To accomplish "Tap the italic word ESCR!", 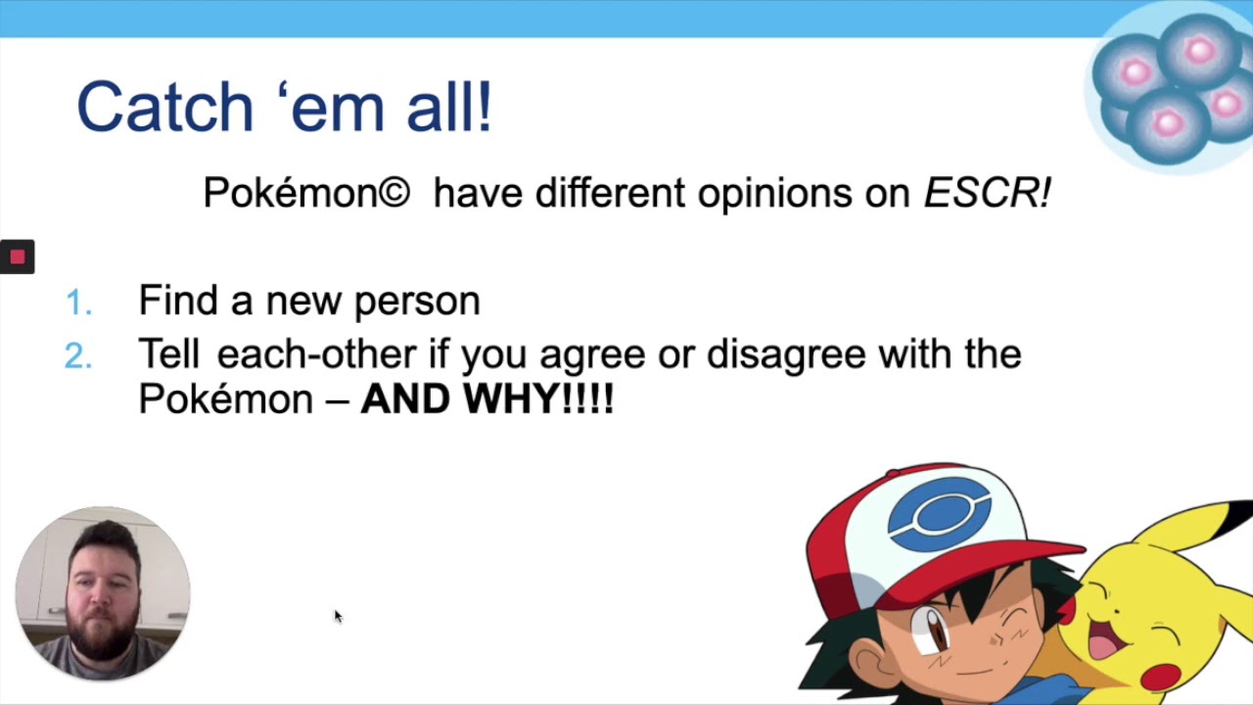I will tap(987, 194).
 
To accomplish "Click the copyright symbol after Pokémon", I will tap(393, 194).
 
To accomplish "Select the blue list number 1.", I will tap(78, 304).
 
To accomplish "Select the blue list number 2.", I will tap(78, 357).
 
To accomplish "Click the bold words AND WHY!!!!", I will tap(487, 399).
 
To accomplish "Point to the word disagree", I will tap(786, 354).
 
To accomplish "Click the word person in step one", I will tap(417, 302).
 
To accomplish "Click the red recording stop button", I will tap(17, 257).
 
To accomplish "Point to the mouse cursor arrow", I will tap(338, 615).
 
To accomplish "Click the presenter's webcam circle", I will tap(103, 593).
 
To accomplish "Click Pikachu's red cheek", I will tap(1162, 676).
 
